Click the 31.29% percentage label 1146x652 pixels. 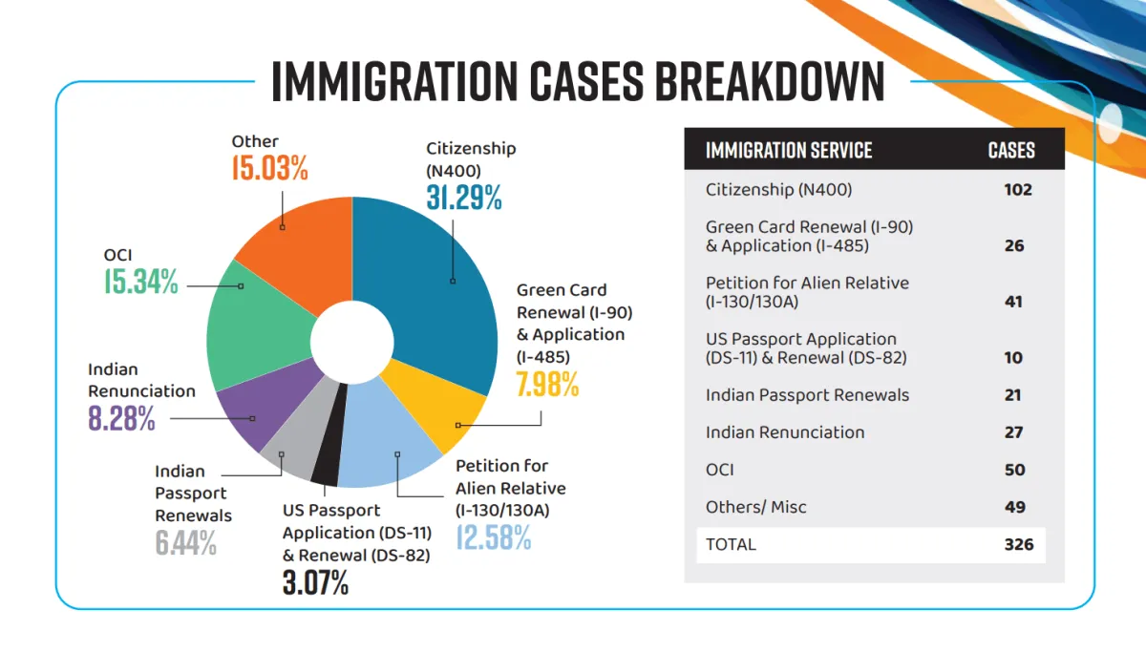point(464,197)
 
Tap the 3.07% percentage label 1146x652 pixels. point(315,581)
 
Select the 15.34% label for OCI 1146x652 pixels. point(140,282)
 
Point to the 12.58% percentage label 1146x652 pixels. point(493,536)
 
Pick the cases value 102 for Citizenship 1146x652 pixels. point(1017,189)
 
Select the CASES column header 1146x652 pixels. point(1011,151)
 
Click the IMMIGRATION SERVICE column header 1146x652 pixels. point(789,151)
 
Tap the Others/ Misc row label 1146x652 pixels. point(755,507)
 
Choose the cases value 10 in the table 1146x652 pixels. point(1012,358)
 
